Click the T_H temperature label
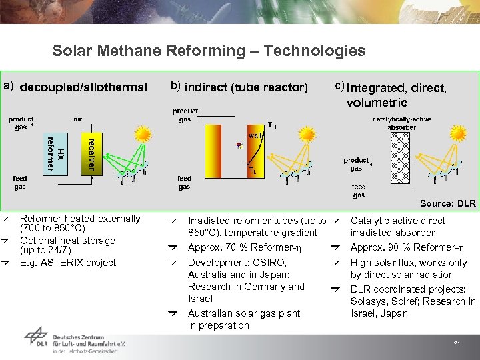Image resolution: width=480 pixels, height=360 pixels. coord(272,125)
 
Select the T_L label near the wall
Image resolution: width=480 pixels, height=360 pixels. coord(252,171)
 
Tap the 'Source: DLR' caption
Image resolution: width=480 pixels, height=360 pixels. coord(447,203)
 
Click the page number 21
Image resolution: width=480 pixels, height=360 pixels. coord(457,343)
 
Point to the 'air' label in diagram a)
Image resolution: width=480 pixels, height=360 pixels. coord(77,119)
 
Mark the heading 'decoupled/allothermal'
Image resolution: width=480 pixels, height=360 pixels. coord(83,87)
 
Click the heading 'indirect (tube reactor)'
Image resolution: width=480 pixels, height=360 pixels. coord(246,87)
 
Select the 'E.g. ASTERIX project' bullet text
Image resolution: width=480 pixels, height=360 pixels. coord(68,263)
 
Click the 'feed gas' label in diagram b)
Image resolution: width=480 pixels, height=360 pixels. coord(185,183)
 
